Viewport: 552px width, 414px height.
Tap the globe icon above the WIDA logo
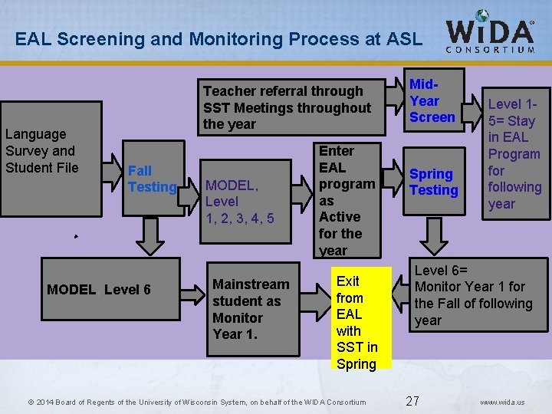coord(482,16)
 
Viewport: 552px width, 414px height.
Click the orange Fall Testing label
coord(152,179)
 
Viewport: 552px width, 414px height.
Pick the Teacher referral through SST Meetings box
coord(287,107)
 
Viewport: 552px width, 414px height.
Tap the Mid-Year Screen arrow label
coord(432,100)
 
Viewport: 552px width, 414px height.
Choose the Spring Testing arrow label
coord(433,182)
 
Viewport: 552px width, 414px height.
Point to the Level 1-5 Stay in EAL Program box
coord(514,153)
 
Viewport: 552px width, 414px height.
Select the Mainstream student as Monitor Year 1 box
coord(251,309)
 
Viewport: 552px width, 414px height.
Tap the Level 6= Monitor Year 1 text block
coord(473,295)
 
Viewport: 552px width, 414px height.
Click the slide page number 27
coord(412,401)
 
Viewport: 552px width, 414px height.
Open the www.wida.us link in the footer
coord(502,402)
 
